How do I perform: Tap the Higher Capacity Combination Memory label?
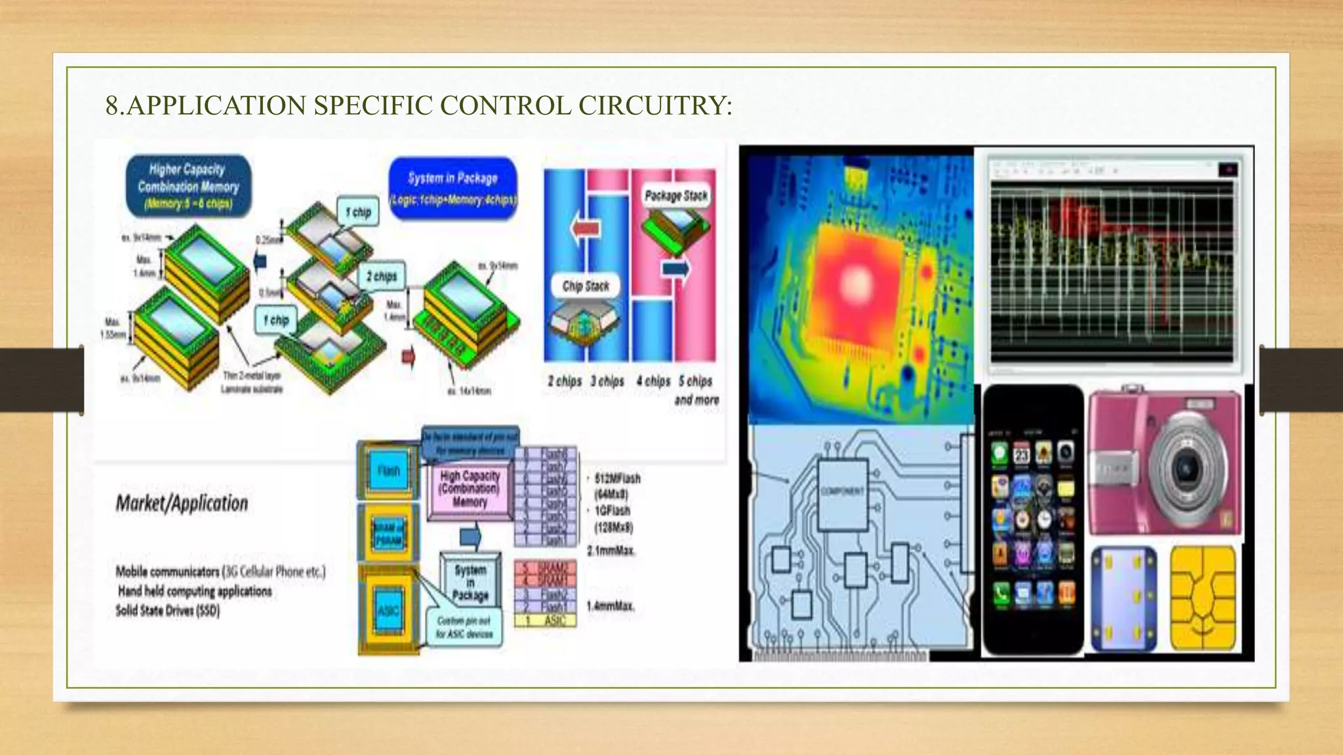(188, 186)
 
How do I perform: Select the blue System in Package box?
(452, 187)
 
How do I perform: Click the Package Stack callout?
(676, 195)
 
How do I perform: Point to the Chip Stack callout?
(585, 286)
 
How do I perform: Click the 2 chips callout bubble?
(382, 276)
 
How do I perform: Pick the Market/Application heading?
(182, 503)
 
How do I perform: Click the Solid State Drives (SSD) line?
(168, 611)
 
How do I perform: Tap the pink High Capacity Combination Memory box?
(470, 489)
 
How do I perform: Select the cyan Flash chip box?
(388, 471)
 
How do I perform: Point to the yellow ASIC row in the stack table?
(546, 620)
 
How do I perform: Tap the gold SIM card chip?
(1203, 598)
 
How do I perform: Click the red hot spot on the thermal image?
(854, 275)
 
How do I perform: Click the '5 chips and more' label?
(696, 390)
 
